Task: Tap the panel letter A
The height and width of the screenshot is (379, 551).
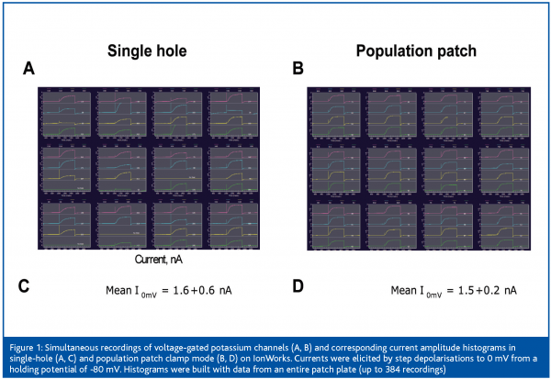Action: pos(28,69)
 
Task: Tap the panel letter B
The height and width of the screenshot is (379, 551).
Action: pos(298,69)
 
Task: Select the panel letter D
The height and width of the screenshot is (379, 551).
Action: pos(298,287)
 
